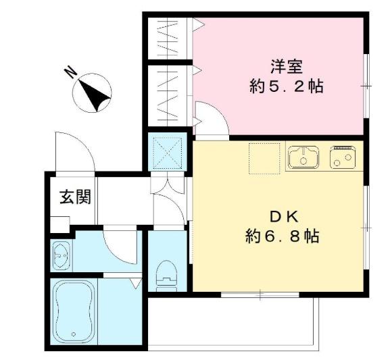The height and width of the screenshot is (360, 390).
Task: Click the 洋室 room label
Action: [287, 67]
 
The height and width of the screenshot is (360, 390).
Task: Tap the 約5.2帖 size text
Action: [287, 86]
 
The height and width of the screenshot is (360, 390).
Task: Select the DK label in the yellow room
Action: [284, 217]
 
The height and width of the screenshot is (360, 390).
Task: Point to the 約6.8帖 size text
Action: [283, 236]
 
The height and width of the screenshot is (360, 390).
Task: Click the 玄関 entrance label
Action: [75, 197]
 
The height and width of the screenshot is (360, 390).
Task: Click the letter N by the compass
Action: [71, 72]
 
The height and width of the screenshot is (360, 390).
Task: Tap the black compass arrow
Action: [94, 95]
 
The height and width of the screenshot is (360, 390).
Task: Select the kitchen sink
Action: [303, 157]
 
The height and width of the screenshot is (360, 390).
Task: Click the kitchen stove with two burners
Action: [343, 157]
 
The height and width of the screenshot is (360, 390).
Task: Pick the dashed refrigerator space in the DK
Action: [265, 158]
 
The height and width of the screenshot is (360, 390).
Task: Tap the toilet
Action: [167, 276]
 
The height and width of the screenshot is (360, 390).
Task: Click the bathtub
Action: [74, 312]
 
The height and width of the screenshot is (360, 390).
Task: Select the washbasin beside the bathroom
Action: [62, 256]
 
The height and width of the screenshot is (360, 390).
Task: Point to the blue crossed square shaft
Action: [168, 152]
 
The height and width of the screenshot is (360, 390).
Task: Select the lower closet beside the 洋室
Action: [168, 96]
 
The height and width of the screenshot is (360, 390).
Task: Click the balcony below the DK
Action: [233, 324]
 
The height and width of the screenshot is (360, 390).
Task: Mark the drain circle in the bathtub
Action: [74, 334]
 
